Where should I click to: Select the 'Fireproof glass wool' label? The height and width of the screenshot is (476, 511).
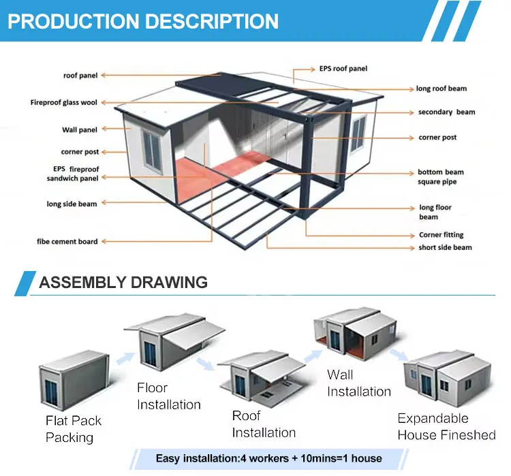point(63,103)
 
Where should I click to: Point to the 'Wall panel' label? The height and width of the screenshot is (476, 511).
point(80,129)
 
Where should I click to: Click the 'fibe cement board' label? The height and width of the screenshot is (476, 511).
point(67,241)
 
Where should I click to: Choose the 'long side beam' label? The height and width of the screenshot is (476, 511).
point(72,204)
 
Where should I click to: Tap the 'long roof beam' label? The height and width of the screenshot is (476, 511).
point(442,89)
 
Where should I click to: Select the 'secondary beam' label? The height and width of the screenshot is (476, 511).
point(446,112)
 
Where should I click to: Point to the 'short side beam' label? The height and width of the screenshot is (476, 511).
point(445,247)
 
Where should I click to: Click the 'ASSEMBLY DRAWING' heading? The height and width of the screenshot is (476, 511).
point(123,282)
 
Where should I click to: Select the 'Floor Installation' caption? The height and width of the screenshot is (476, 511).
point(168,396)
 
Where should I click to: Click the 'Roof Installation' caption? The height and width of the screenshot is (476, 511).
point(264,424)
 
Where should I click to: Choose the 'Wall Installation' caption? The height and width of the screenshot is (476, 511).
point(358,383)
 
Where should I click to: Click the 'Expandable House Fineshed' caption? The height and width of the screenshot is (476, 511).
point(446,426)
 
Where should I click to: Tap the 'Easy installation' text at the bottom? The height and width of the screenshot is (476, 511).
point(268,458)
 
